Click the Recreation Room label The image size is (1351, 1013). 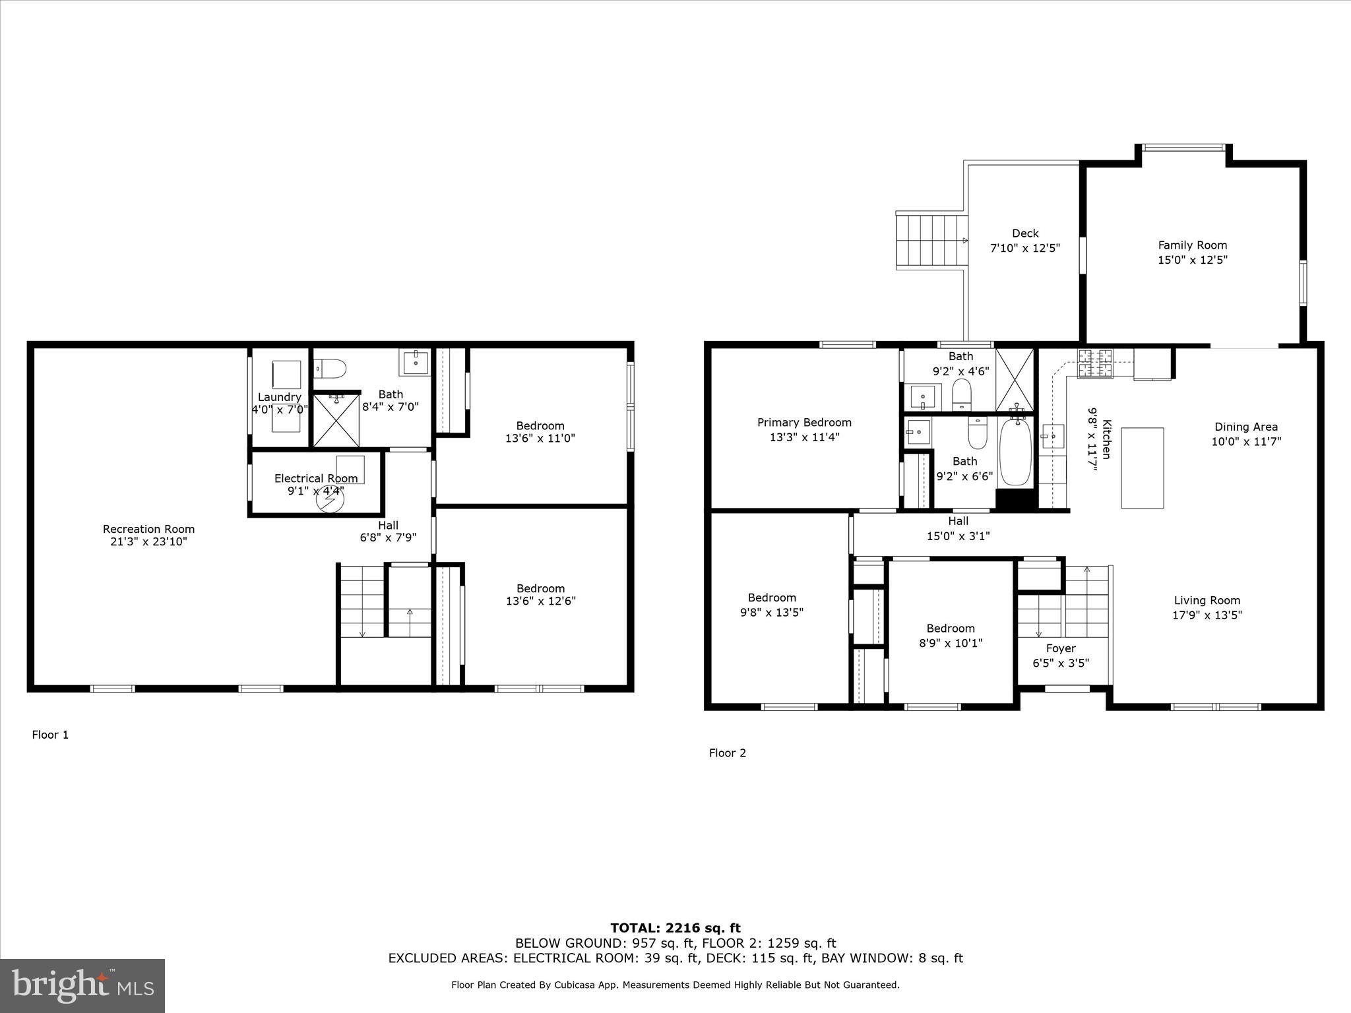coord(148,529)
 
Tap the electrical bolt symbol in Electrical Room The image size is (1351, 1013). coord(330,501)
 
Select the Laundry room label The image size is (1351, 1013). coord(279,397)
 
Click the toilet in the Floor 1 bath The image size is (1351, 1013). coord(330,368)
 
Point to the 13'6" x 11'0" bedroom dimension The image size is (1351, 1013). coord(540,438)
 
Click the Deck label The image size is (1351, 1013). coord(1025,233)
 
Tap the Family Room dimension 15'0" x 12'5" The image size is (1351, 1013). coord(1193,260)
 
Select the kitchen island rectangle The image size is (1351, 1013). coord(1142,468)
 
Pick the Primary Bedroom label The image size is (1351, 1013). coord(804,423)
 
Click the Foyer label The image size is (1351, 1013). coord(1061,648)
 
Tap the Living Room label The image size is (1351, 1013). coord(1207,600)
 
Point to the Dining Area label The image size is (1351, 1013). coord(1245,427)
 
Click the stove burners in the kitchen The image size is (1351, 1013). coord(1094,363)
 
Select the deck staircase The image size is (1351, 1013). coord(930,240)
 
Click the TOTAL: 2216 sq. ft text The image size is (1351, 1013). coord(675,929)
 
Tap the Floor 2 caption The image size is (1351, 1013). coord(727,753)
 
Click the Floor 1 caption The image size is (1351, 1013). coord(50,735)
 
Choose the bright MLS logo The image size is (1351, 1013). coord(82,985)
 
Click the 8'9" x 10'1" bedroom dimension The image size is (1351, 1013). coord(951,643)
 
